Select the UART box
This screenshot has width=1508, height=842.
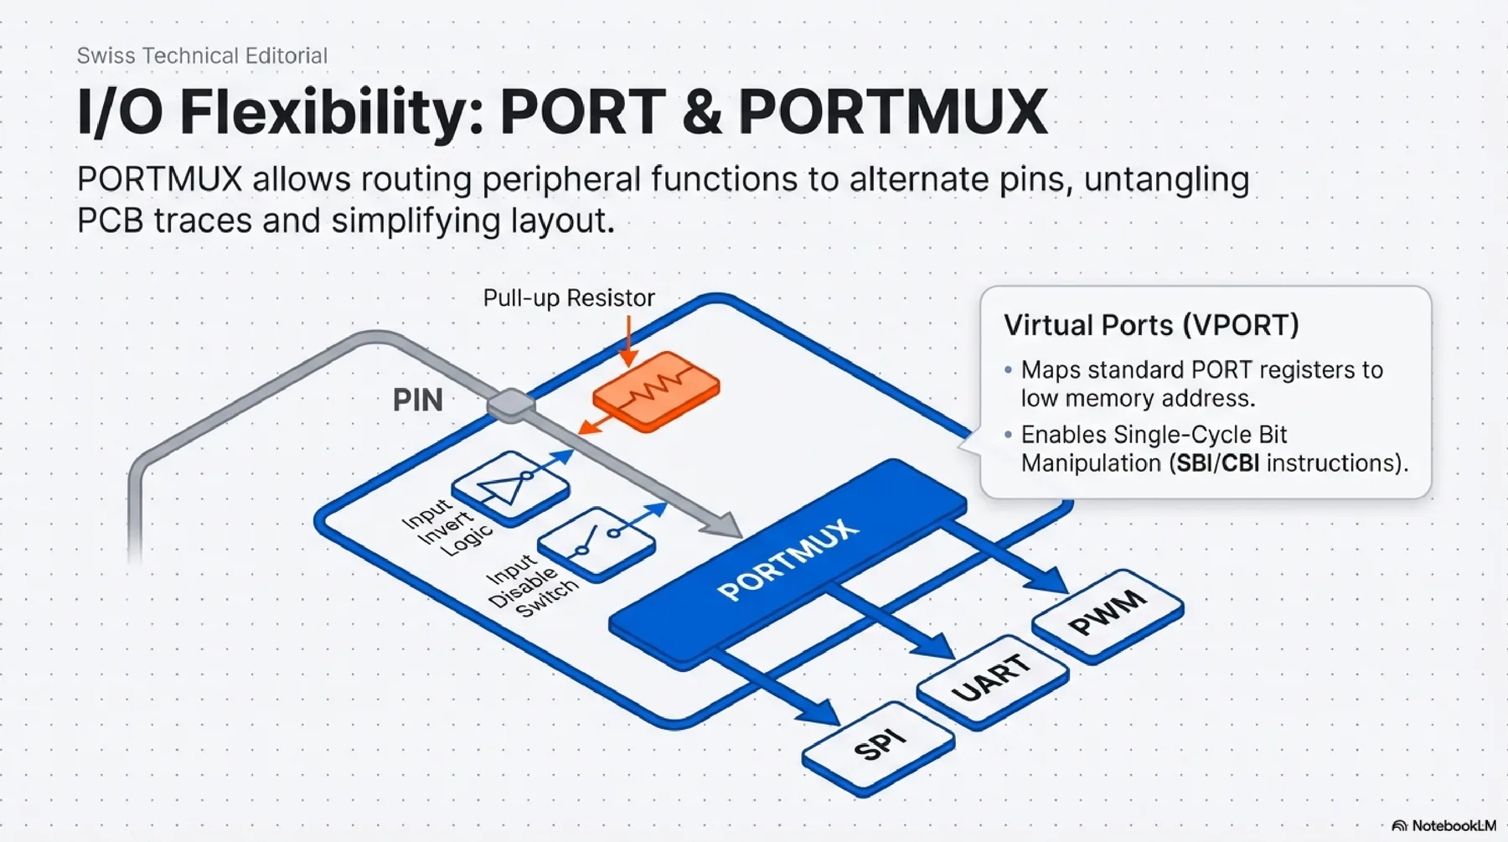point(992,678)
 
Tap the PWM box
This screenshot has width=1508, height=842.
point(1108,613)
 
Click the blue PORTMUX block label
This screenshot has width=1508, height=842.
point(788,559)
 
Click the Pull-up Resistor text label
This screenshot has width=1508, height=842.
point(569,298)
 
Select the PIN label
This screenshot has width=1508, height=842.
point(417,400)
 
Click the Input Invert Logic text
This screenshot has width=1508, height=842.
point(446,526)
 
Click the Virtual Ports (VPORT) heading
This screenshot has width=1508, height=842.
point(1151,325)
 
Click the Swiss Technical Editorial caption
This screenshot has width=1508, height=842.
point(202,56)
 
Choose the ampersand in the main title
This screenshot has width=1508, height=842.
point(701,112)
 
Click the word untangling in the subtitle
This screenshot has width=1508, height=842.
point(1166,180)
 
